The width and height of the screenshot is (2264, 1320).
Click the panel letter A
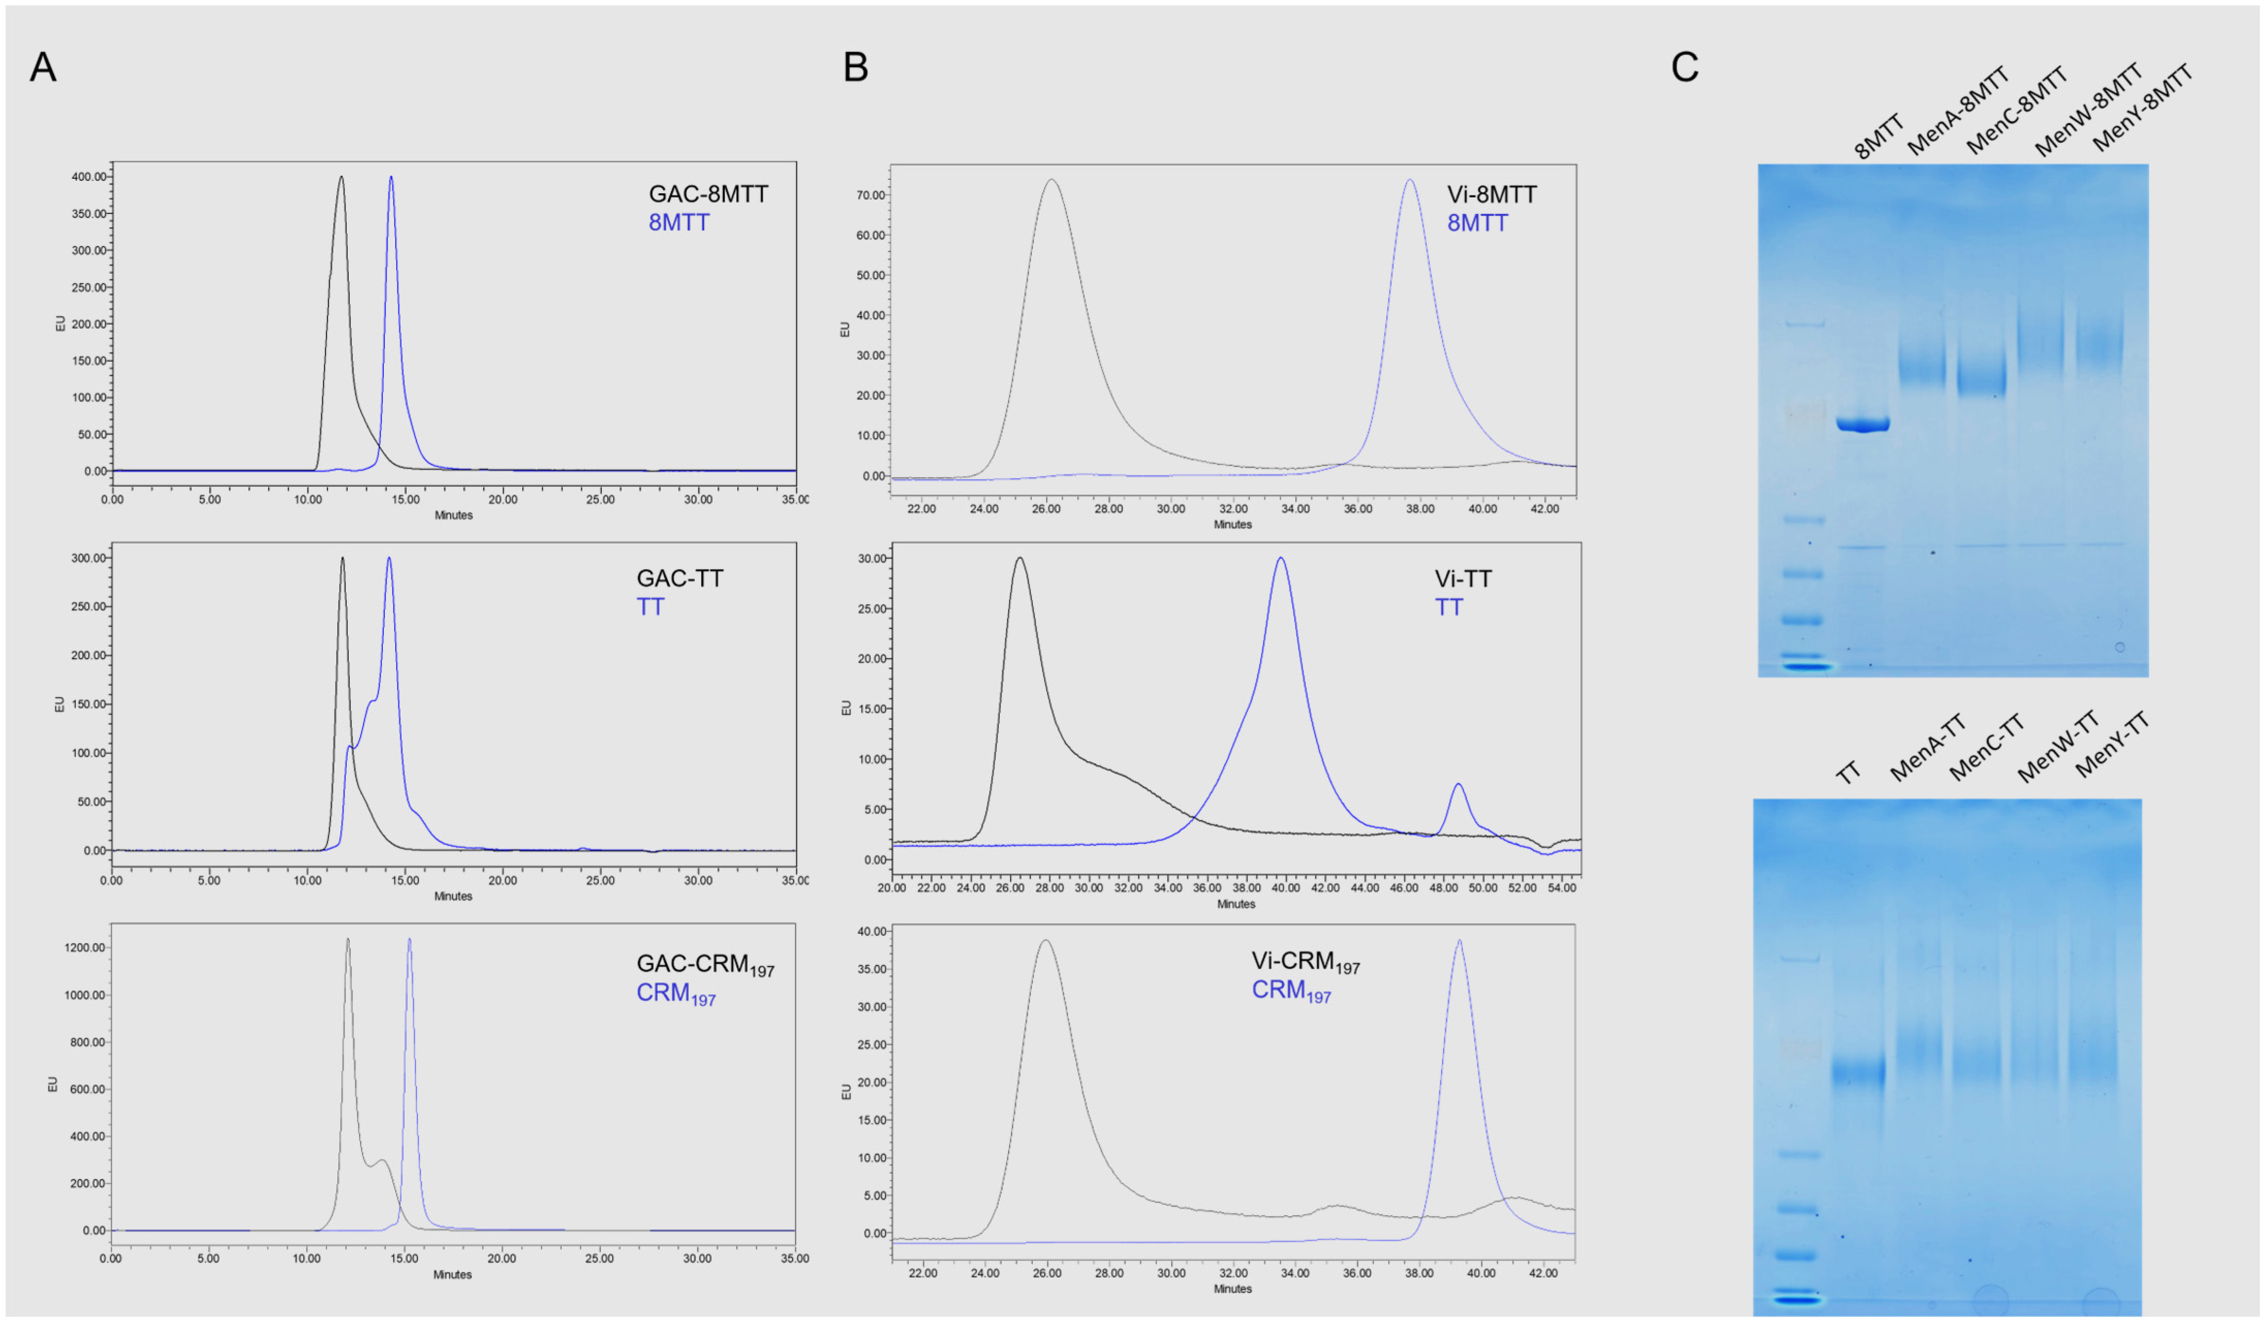pyautogui.click(x=42, y=67)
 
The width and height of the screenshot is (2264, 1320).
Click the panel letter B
pyautogui.click(x=855, y=67)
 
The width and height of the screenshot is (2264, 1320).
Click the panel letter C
pyautogui.click(x=1684, y=67)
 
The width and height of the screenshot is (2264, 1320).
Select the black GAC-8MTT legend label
pyautogui.click(x=708, y=194)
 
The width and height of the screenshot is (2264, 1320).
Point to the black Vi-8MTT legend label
pyautogui.click(x=1492, y=195)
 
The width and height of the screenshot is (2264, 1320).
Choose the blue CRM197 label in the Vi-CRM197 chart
pyautogui.click(x=1291, y=990)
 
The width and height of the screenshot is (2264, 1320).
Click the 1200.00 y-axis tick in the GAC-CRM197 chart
pyautogui.click(x=85, y=947)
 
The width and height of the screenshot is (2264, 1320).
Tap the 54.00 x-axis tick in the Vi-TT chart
pyautogui.click(x=1561, y=888)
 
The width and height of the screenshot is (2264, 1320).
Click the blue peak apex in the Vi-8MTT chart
pyautogui.click(x=1409, y=180)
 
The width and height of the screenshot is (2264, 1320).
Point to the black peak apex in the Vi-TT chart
pyautogui.click(x=1019, y=558)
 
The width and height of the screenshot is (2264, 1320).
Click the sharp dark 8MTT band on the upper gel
pyautogui.click(x=1863, y=425)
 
